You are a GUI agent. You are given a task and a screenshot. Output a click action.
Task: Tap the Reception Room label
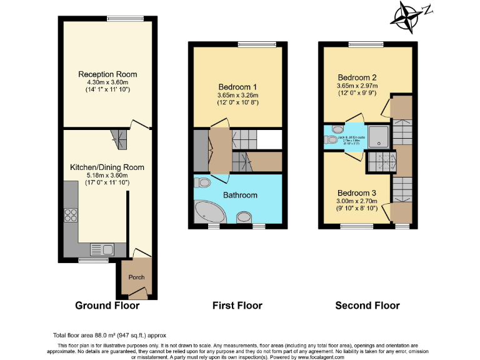pyautogui.click(x=107, y=74)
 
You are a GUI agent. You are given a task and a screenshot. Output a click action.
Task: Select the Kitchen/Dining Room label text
pyautogui.click(x=107, y=167)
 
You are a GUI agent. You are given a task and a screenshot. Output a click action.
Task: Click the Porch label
pyautogui.click(x=136, y=277)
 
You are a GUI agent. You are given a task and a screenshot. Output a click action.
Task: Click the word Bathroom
pyautogui.click(x=241, y=195)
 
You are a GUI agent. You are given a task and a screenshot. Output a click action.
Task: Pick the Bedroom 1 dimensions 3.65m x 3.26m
pyautogui.click(x=238, y=95)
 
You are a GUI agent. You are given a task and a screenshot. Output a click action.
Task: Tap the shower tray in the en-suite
pyautogui.click(x=379, y=136)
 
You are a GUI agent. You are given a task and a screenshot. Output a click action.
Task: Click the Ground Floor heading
pyautogui.click(x=107, y=306)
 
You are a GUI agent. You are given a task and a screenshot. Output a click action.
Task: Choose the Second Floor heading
pyautogui.click(x=367, y=306)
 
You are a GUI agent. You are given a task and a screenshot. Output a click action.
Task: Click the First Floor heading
pyautogui.click(x=237, y=306)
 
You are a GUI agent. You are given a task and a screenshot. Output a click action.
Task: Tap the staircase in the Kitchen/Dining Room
pyautogui.click(x=119, y=139)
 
